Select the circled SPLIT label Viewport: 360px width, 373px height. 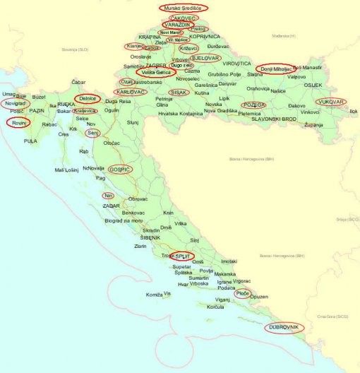183,256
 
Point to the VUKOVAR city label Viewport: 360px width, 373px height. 331,102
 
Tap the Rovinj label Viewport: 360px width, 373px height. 18,122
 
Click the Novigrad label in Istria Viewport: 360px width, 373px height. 15,103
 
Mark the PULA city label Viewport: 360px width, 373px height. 30,141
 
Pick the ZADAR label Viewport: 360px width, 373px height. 112,206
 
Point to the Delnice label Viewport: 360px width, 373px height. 88,99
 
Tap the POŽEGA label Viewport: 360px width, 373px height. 253,105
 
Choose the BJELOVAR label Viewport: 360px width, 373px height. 205,58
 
